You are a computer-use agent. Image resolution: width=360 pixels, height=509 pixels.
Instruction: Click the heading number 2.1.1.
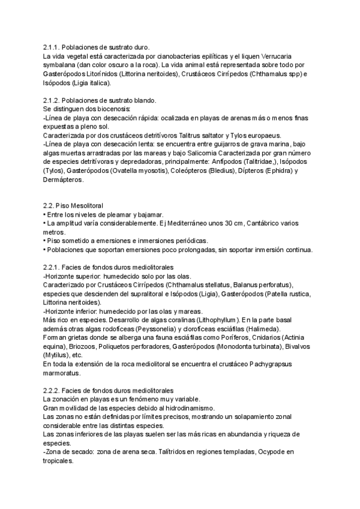pos(52,47)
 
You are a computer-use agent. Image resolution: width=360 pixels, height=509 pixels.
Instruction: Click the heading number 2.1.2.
pos(52,100)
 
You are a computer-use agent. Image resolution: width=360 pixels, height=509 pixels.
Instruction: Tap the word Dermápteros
pos(64,180)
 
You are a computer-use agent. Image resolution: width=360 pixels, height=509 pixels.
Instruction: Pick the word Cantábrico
pos(281,224)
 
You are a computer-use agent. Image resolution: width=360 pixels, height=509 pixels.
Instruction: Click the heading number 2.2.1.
pos(52,268)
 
